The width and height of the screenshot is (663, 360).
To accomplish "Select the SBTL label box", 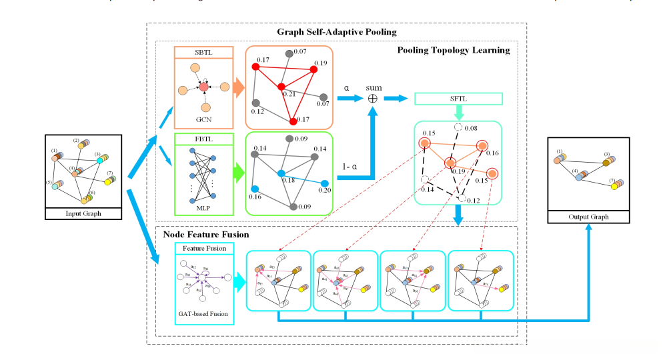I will point(203,53).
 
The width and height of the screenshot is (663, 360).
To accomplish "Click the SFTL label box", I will point(458,99).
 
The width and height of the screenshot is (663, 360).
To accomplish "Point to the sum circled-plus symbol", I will point(373,99).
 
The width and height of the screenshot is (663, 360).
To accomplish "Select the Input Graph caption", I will point(83,214).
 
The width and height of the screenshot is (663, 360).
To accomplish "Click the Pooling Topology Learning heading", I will point(454,50).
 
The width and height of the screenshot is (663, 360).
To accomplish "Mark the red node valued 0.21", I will point(281,87).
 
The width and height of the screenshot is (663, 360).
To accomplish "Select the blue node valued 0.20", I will point(325,183).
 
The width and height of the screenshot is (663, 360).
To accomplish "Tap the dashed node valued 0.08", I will point(458,128).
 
